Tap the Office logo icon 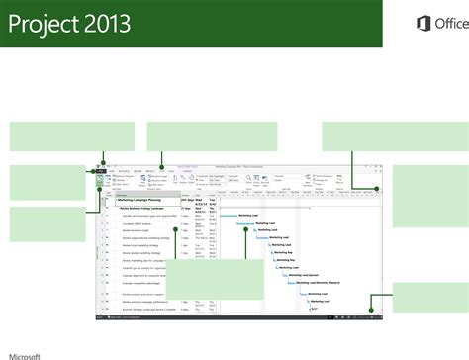click(415, 24)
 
